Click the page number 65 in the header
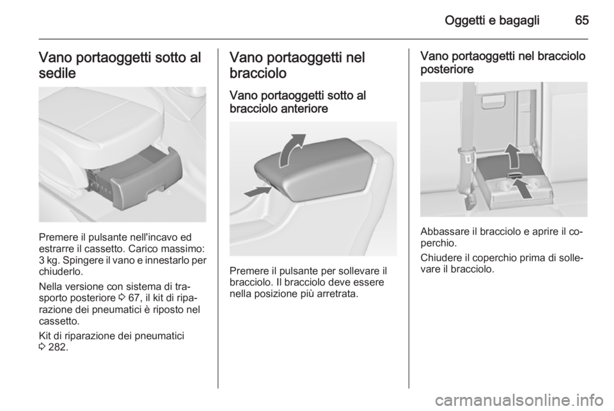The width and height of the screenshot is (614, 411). (582, 20)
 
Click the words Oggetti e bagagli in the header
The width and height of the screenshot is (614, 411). (492, 20)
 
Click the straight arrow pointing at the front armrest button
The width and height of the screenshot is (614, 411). (257, 191)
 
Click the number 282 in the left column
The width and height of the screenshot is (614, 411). (57, 347)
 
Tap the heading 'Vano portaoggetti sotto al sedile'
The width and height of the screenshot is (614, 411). (120, 65)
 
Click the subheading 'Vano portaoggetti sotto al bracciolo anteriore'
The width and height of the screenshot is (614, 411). (298, 102)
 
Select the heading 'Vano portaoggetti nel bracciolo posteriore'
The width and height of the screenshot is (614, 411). (503, 63)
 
